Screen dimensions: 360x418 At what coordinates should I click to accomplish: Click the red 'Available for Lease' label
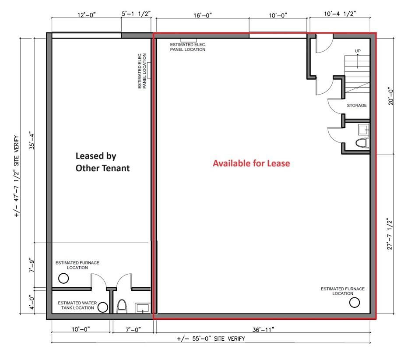pos(251,163)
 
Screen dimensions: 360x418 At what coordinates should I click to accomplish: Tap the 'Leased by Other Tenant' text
pos(102,162)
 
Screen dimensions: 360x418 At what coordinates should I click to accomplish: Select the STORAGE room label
pos(357,106)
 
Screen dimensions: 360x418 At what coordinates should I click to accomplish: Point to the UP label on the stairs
pos(358,51)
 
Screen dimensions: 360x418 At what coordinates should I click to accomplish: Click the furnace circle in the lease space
pos(355,302)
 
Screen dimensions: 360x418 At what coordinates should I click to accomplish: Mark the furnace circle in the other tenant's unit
pos(64,278)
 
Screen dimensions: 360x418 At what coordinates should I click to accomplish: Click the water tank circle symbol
pos(103,307)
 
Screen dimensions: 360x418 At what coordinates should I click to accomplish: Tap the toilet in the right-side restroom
pos(362,143)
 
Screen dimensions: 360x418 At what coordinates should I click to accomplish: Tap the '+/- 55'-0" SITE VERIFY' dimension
pos(211,339)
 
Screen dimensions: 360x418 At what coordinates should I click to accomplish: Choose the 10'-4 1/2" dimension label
pos(341,14)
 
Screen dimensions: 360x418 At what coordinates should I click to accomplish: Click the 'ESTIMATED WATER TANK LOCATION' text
pos(76,305)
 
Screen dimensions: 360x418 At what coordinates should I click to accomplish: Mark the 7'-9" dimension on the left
pos(31,266)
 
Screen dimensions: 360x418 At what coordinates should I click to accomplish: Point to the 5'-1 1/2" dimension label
pos(137,14)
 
